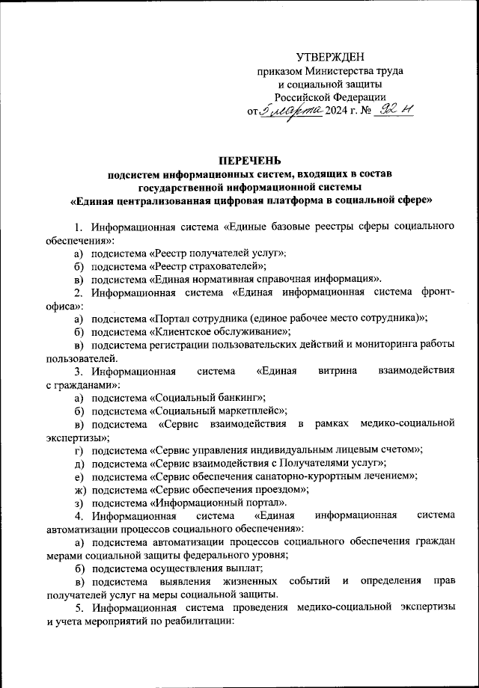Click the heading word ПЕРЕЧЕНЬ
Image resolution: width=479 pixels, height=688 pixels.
click(x=250, y=159)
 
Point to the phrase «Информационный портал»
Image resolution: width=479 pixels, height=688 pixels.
click(x=218, y=502)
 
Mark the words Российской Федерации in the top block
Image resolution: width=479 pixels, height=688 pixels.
click(x=329, y=97)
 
